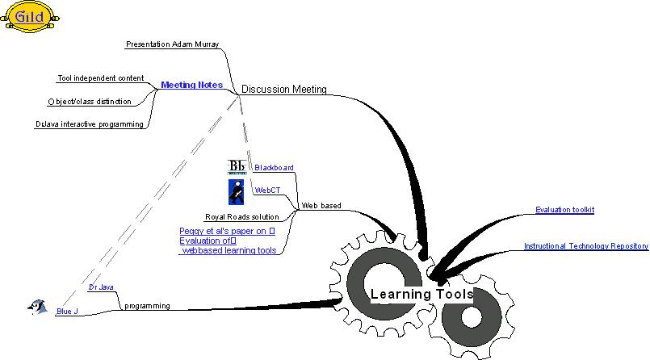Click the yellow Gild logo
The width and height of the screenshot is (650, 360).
coord(30,16)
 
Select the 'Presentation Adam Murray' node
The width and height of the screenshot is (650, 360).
coord(172,44)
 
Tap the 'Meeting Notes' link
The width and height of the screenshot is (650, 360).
coord(191,85)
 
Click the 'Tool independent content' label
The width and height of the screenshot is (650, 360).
coord(101,78)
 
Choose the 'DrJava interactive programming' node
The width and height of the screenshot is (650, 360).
coord(90,124)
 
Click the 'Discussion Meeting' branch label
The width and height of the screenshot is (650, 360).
coord(283,90)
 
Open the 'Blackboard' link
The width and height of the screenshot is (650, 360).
coord(274,168)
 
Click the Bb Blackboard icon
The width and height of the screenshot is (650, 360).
coord(237,167)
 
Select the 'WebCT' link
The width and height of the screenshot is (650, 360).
coord(267,190)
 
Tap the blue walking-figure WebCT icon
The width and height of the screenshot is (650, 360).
coord(237,192)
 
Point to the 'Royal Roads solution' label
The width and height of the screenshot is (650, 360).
coord(241,217)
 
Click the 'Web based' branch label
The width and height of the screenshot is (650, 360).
coord(321,206)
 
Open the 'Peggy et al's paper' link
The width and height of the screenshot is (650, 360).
coord(227,231)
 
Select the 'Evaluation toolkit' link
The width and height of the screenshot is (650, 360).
coord(564,210)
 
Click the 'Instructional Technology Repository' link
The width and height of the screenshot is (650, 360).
coord(585,246)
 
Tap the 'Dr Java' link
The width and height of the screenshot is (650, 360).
coord(101,287)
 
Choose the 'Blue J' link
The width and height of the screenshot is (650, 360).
coord(67,312)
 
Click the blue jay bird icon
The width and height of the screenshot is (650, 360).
coord(36,306)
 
